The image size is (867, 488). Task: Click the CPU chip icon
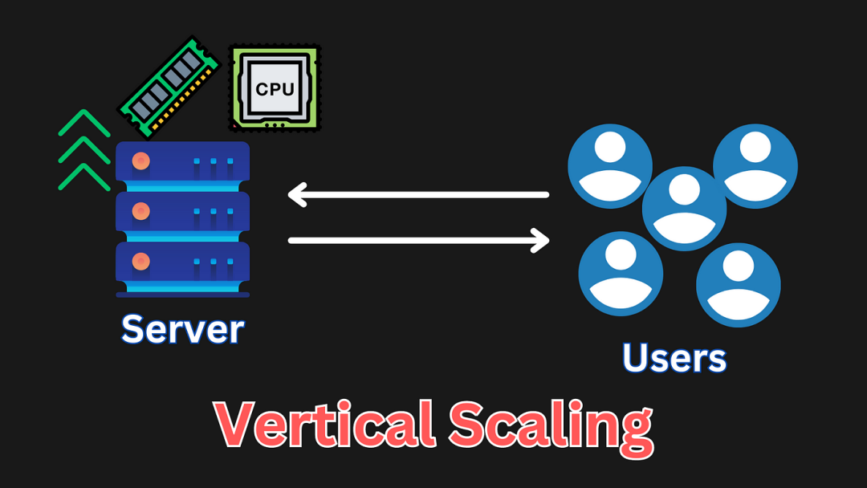click(275, 88)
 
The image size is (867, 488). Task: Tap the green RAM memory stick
click(169, 87)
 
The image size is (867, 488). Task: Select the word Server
click(182, 329)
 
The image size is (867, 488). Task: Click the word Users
click(674, 357)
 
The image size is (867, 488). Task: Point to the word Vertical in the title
click(324, 424)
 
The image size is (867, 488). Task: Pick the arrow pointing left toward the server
click(418, 194)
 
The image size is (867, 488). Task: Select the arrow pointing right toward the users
click(418, 241)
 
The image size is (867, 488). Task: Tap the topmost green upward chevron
click(84, 123)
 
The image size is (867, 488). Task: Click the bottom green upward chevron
click(84, 177)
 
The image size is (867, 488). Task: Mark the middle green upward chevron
click(84, 150)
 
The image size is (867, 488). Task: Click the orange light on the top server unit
click(141, 161)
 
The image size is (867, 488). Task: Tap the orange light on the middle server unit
click(141, 211)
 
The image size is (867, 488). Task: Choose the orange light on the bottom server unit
click(141, 262)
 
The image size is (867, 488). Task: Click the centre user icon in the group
click(685, 209)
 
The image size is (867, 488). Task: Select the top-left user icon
click(610, 166)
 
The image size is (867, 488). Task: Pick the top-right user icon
click(755, 166)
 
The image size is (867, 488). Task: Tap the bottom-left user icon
click(621, 274)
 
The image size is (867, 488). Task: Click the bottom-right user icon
click(739, 285)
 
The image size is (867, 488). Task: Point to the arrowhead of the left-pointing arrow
click(296, 194)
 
